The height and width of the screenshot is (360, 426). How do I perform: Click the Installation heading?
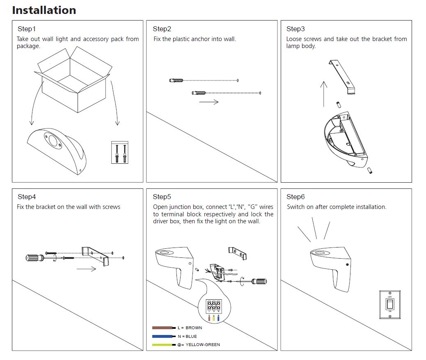point(44,10)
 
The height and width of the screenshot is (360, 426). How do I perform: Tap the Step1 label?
point(27,29)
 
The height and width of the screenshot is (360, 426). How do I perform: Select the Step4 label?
point(27,197)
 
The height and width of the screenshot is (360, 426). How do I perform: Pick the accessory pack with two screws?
point(120,152)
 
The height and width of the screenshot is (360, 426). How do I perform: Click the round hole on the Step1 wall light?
point(53,142)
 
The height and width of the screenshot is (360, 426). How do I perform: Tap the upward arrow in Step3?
point(323,94)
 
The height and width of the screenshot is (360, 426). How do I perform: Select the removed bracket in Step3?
point(342,78)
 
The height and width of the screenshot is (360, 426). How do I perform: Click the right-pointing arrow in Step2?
point(208,101)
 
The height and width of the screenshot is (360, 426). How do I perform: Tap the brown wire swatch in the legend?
point(163,328)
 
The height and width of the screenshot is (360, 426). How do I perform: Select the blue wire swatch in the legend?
point(163,336)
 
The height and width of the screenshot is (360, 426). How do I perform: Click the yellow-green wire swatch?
point(163,345)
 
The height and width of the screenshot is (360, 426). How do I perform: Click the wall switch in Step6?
point(389,304)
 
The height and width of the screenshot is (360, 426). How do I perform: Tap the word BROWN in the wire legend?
point(194,328)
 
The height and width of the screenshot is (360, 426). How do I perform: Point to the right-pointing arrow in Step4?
point(86,269)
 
